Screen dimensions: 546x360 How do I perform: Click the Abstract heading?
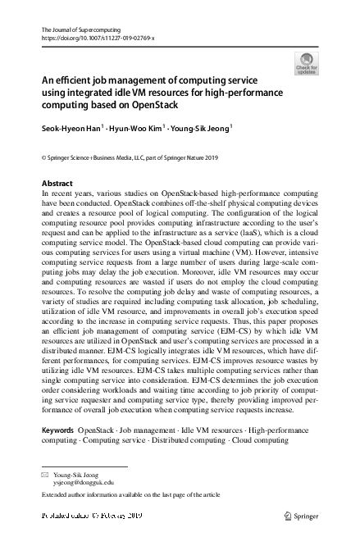[x=57, y=183]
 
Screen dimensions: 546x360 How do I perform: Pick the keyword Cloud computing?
[x=257, y=440]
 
